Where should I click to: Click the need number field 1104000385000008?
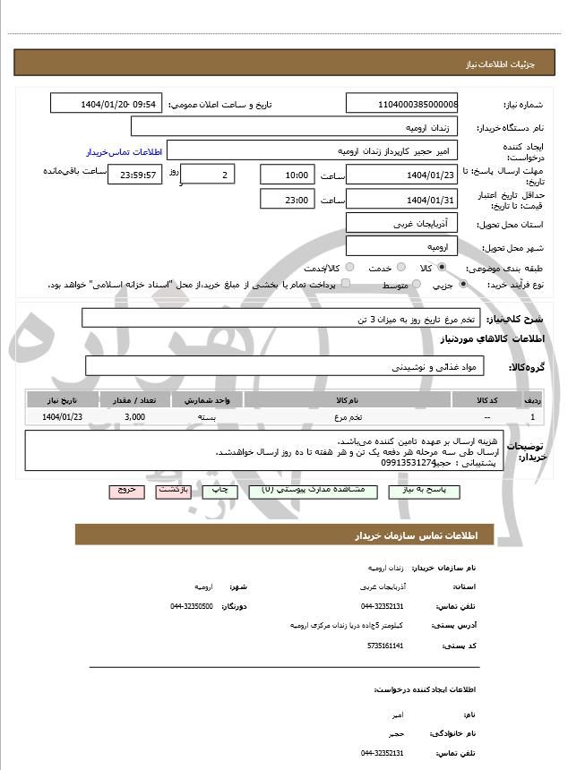tap(402, 104)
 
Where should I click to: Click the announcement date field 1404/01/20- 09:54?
tap(107, 104)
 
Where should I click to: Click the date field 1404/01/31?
tap(402, 199)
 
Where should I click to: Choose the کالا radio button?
tap(442, 268)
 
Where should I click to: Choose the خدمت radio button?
tap(400, 268)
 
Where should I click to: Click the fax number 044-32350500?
tap(191, 606)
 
